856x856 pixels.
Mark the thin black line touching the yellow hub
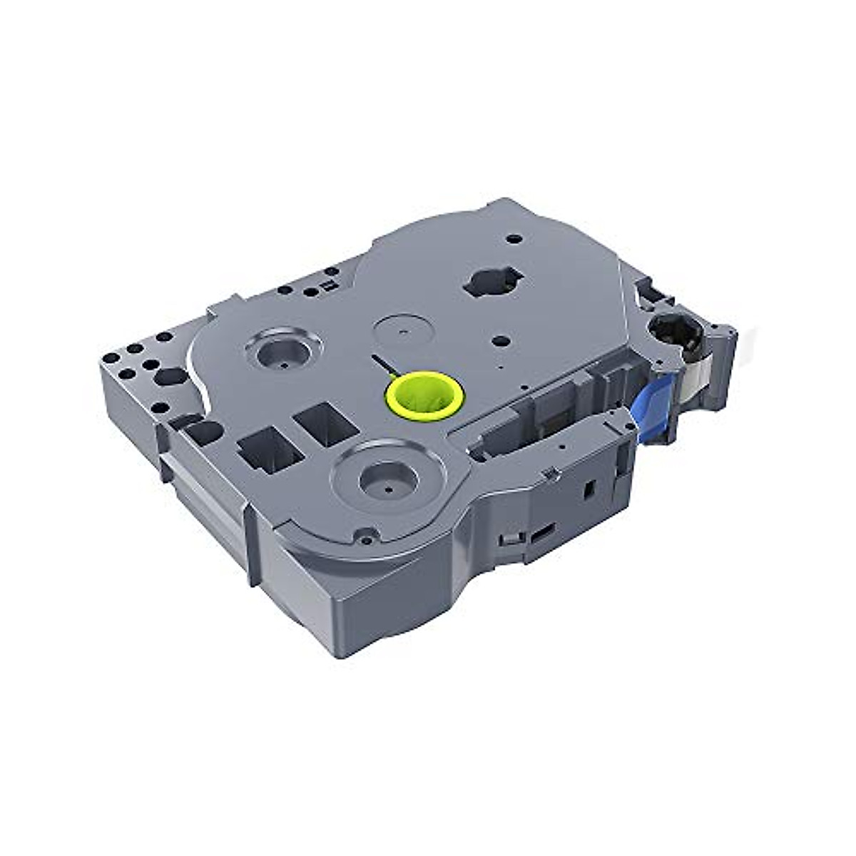pos(382,364)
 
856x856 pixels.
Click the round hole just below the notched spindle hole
pos(500,340)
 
